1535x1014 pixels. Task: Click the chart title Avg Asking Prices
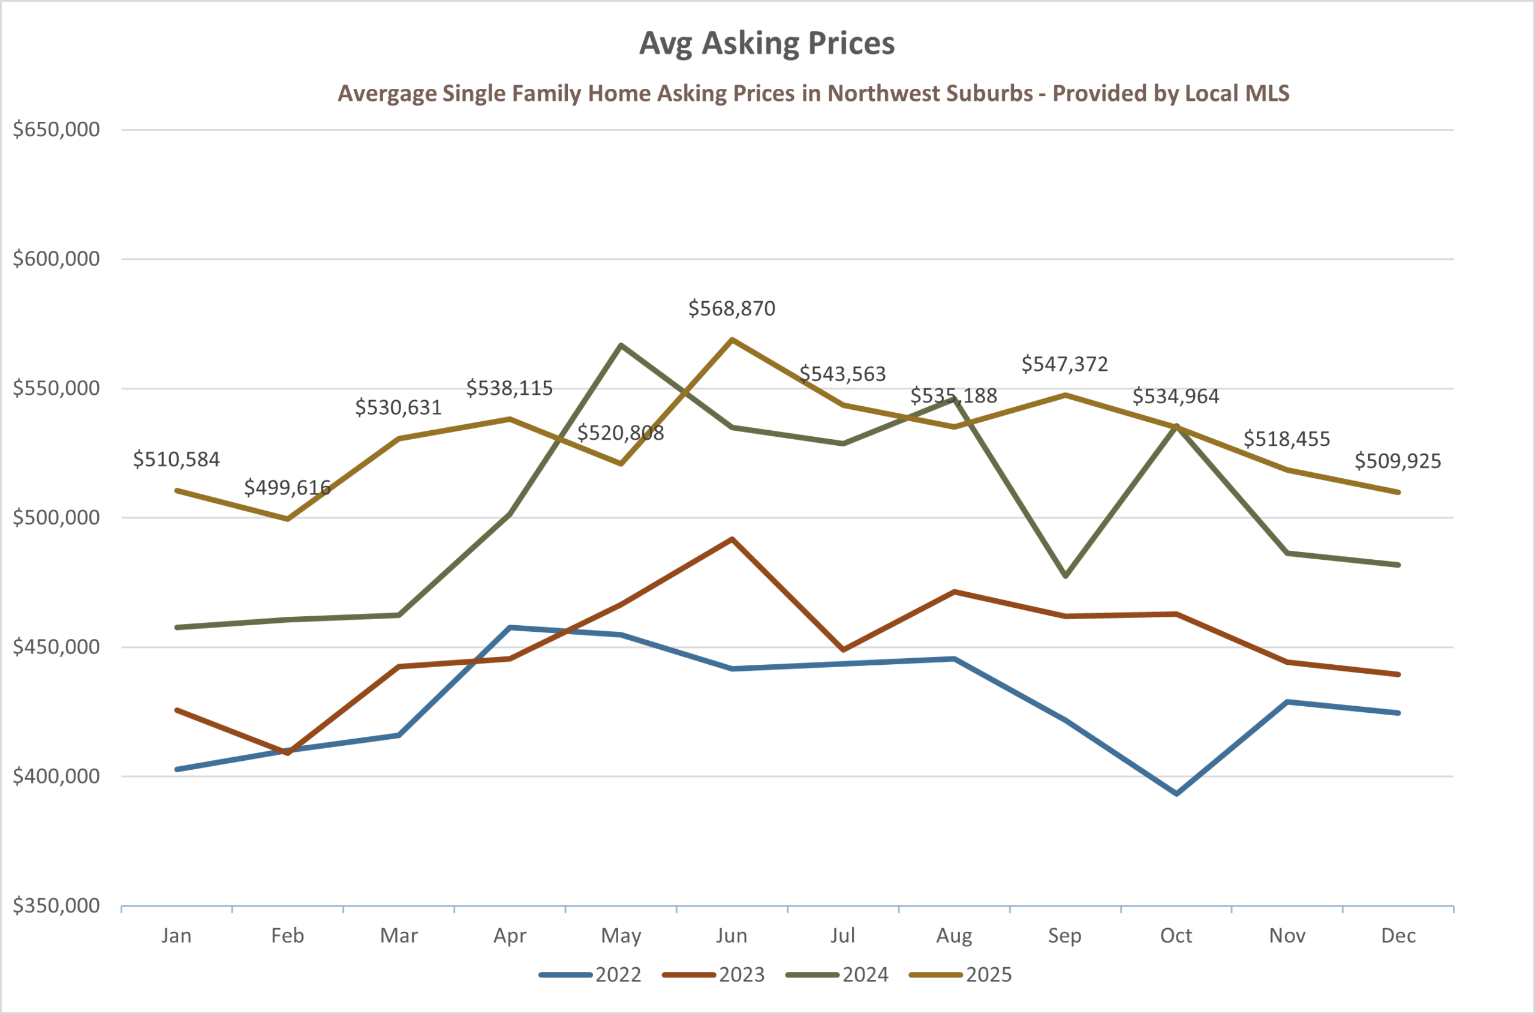coord(766,44)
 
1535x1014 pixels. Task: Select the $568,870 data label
coord(731,309)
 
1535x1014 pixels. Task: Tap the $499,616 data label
coord(287,488)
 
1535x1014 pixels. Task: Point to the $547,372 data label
coord(1064,365)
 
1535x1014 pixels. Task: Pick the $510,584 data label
coord(176,460)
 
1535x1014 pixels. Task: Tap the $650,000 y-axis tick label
coord(57,130)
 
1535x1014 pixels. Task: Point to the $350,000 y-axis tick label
coord(57,906)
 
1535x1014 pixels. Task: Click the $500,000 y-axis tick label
coord(57,518)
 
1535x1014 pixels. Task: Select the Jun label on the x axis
coord(731,936)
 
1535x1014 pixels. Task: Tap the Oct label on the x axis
coord(1176,936)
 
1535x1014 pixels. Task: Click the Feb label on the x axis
coord(287,936)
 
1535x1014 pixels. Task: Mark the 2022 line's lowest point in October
coord(1176,793)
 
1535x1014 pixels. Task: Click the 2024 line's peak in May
coord(621,346)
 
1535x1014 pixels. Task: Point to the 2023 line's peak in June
coord(731,539)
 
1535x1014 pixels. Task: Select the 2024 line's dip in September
coord(1065,575)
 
